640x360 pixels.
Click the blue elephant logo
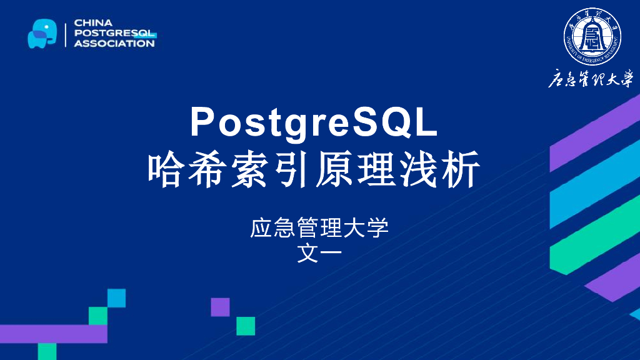point(42,33)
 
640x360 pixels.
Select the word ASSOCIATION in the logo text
point(114,44)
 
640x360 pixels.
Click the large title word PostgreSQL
point(315,122)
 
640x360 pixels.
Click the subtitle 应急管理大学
point(319,227)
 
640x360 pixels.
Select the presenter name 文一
point(319,253)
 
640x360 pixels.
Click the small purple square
point(220,307)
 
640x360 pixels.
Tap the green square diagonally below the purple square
point(246,326)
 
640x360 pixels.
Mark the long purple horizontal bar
point(53,334)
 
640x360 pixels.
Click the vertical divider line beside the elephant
point(66,33)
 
